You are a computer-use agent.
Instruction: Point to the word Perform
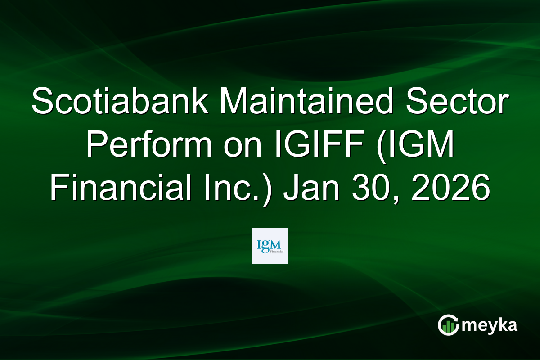click(x=153, y=146)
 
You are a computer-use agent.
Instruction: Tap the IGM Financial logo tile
click(x=270, y=246)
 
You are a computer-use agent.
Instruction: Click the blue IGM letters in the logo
click(x=269, y=244)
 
